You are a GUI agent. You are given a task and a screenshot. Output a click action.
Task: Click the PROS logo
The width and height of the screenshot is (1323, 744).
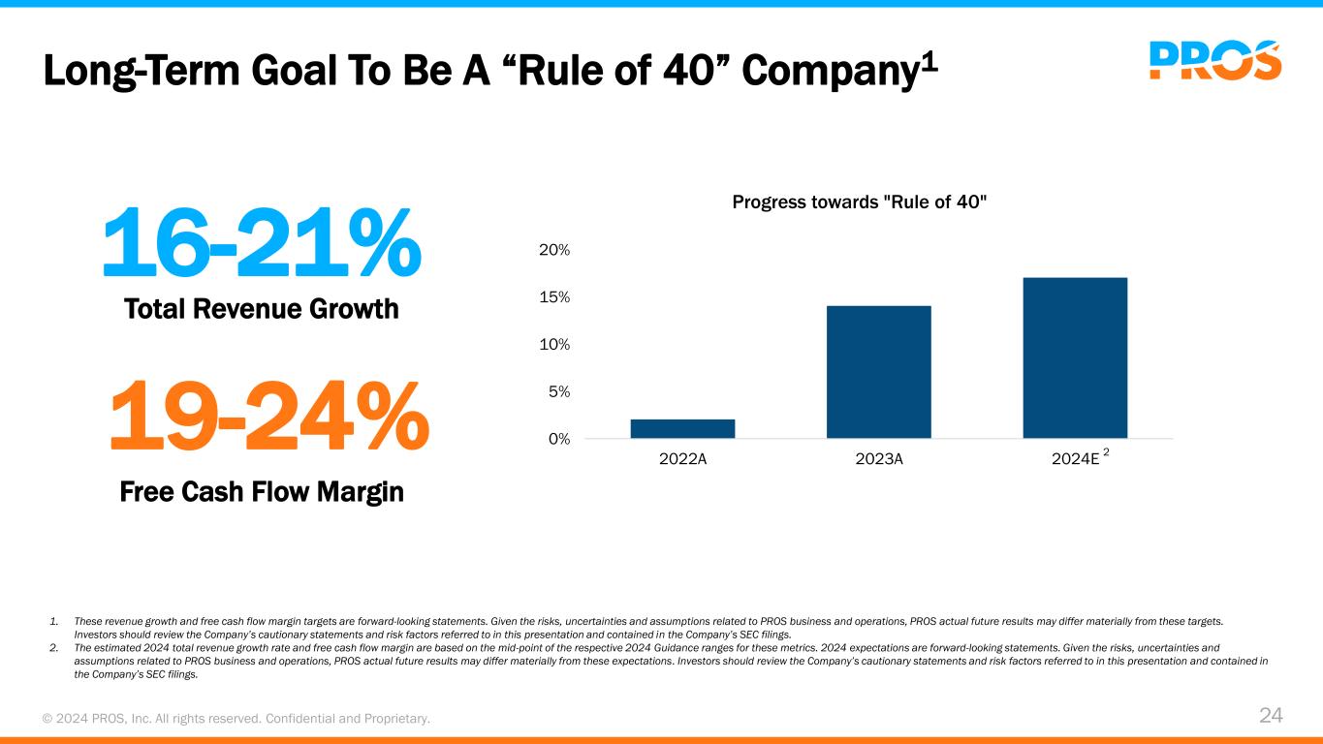coord(1214,60)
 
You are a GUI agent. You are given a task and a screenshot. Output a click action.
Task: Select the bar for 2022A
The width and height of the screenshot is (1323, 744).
coord(682,428)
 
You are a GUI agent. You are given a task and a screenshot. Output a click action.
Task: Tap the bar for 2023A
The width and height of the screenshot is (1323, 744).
coord(878,372)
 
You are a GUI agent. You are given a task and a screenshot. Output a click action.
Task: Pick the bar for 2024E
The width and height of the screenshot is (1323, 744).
coord(1075,357)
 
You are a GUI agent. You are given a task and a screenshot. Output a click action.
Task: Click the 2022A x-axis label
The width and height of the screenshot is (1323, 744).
coord(682,460)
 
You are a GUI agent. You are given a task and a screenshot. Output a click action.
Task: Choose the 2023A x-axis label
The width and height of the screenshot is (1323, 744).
coord(879,460)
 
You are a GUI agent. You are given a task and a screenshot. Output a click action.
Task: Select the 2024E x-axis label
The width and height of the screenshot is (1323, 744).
coord(1075,460)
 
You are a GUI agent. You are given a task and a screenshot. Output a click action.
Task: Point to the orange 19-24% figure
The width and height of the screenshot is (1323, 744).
coord(268,417)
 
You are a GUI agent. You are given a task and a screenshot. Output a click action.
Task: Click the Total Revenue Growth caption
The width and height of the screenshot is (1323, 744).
coord(262,309)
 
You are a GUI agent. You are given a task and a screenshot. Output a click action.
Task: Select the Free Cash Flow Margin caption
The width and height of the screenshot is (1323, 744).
coord(262,492)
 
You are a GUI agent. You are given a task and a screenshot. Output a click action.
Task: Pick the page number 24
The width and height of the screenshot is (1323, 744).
coord(1271,716)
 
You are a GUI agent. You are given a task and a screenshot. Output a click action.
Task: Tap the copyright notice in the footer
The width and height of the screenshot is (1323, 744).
coord(236,718)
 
